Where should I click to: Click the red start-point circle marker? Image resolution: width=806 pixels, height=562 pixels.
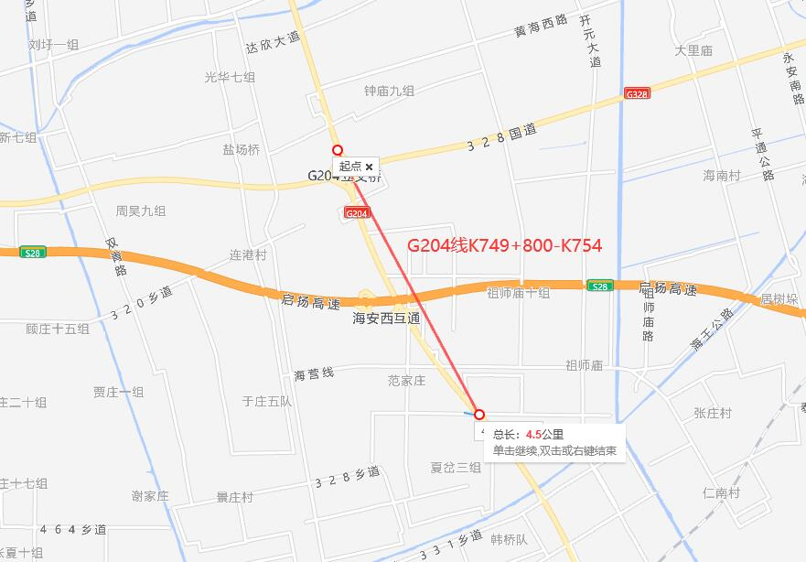pos(338,150)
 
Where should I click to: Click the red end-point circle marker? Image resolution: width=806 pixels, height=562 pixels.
pos(478,414)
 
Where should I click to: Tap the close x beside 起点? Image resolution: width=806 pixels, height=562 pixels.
pos(370,167)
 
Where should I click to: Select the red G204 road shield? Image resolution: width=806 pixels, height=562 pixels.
pos(357,213)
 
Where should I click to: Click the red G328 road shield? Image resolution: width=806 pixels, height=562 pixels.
pos(637,93)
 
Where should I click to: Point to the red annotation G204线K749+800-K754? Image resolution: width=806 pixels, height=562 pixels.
pos(504,245)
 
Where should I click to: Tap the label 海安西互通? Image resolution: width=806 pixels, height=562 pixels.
pos(386,319)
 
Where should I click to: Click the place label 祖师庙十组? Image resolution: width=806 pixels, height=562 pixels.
pos(518,293)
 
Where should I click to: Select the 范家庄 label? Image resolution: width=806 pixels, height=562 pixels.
pos(407,380)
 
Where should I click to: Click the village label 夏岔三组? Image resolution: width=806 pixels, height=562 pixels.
pos(456,467)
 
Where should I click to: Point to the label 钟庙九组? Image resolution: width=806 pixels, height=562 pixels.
pos(389,91)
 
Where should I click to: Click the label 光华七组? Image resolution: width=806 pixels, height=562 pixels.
pos(230,78)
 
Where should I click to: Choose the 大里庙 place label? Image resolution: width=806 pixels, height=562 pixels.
pos(693,51)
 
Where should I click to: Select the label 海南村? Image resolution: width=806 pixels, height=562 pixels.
pos(722,175)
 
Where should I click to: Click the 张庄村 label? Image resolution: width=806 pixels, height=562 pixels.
pos(713,414)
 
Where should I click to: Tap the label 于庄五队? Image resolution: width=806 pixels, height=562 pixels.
pos(266,401)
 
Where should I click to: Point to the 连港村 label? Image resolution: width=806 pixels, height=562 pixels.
pos(247,255)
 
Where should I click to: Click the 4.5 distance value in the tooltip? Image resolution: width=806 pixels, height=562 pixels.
pos(534,435)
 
